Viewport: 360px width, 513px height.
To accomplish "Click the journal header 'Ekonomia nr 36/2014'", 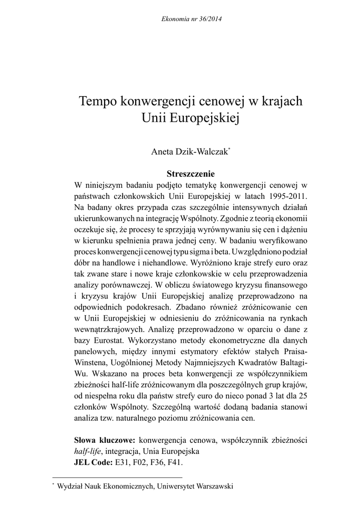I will coord(192,19).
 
